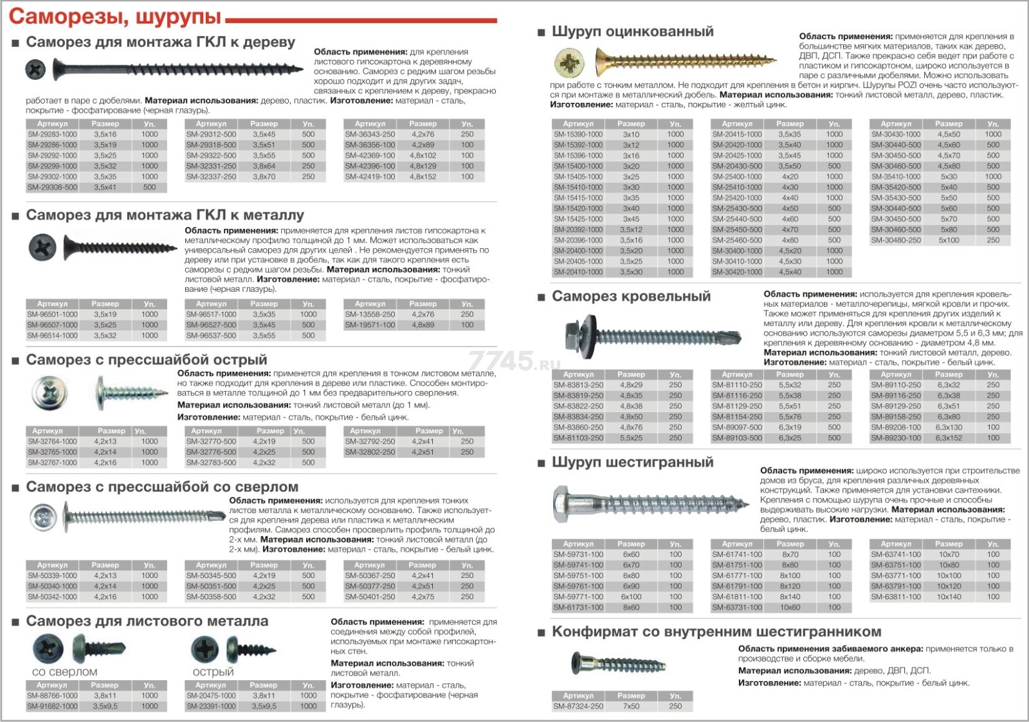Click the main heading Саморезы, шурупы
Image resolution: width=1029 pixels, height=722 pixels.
coord(114,16)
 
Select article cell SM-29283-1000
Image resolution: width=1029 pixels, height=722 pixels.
coord(52,134)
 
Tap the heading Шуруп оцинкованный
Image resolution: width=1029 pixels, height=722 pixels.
coord(632,32)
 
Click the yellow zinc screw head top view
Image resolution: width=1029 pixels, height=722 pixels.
coord(569,63)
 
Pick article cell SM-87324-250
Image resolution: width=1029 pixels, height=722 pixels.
coord(578,706)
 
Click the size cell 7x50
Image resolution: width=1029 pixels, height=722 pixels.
coord(631,706)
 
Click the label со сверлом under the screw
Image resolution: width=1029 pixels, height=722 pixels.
coord(64,672)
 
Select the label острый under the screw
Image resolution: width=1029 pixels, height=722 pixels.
coord(213,672)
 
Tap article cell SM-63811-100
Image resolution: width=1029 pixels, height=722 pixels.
coord(896,597)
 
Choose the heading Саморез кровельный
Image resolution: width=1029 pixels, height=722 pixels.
coord(631,296)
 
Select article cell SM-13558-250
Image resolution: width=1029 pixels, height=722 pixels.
coord(370,314)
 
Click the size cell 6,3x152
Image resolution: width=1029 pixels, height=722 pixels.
coord(949,438)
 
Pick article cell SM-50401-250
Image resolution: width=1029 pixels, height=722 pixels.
coord(370,597)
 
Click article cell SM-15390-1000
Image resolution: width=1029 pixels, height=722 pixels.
coord(578,134)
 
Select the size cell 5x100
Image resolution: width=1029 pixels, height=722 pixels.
coord(949,240)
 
